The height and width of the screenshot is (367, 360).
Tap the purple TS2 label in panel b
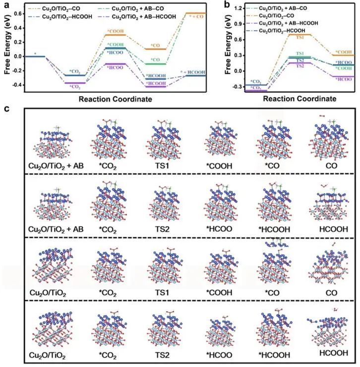pyautogui.click(x=300, y=66)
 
